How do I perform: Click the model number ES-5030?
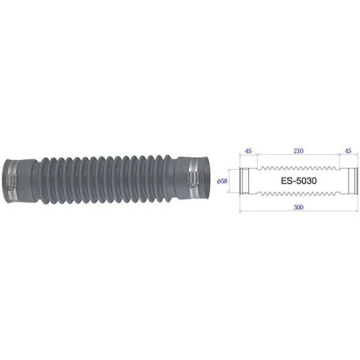(x=298, y=181)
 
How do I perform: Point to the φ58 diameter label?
(x=221, y=181)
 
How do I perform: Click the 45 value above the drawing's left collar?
(x=248, y=150)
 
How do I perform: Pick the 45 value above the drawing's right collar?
(x=348, y=150)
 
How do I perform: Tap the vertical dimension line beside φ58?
(x=230, y=181)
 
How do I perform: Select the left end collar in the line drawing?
(x=244, y=181)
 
